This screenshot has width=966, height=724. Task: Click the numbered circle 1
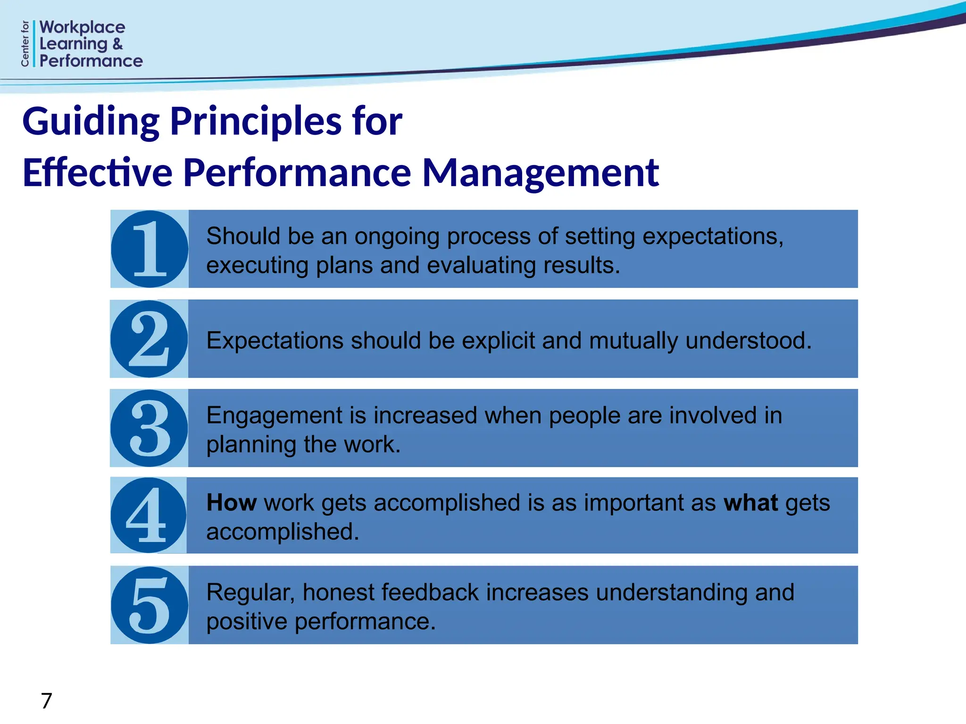click(150, 249)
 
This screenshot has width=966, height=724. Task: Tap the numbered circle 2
click(149, 339)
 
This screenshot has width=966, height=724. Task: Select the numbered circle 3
click(149, 428)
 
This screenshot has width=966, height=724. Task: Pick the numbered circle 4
click(148, 515)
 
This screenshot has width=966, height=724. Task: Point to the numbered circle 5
click(150, 605)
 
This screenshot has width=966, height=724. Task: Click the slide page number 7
click(46, 701)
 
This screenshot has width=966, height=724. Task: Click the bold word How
click(231, 502)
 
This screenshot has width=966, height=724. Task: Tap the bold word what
click(750, 502)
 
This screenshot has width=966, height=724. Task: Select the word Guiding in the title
click(91, 122)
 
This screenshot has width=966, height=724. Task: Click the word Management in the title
click(540, 173)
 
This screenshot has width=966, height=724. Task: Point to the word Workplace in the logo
click(83, 27)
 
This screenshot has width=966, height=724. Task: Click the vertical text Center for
click(25, 43)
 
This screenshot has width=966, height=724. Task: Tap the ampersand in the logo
click(117, 44)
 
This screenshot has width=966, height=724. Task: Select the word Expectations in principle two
click(275, 340)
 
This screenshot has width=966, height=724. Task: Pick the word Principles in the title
click(255, 122)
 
